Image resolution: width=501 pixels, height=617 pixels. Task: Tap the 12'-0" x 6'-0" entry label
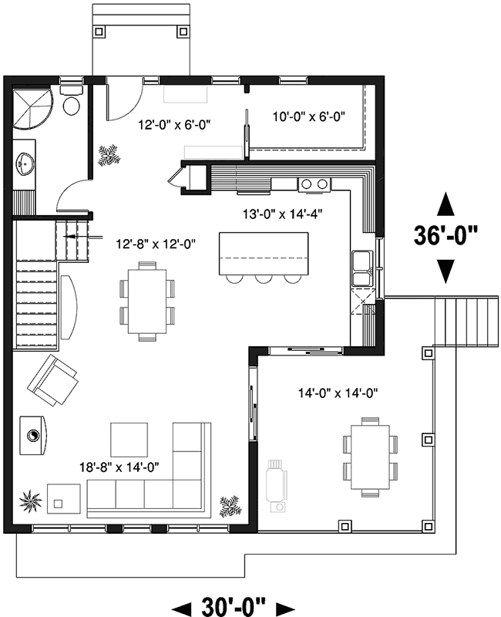pos(175,123)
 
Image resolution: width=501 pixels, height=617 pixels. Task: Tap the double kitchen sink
pos(361,267)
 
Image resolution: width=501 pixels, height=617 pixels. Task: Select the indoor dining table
pos(146,297)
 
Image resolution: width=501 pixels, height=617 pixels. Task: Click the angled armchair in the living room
pos(52,380)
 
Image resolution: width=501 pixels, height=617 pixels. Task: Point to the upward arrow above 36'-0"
pos(446,204)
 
